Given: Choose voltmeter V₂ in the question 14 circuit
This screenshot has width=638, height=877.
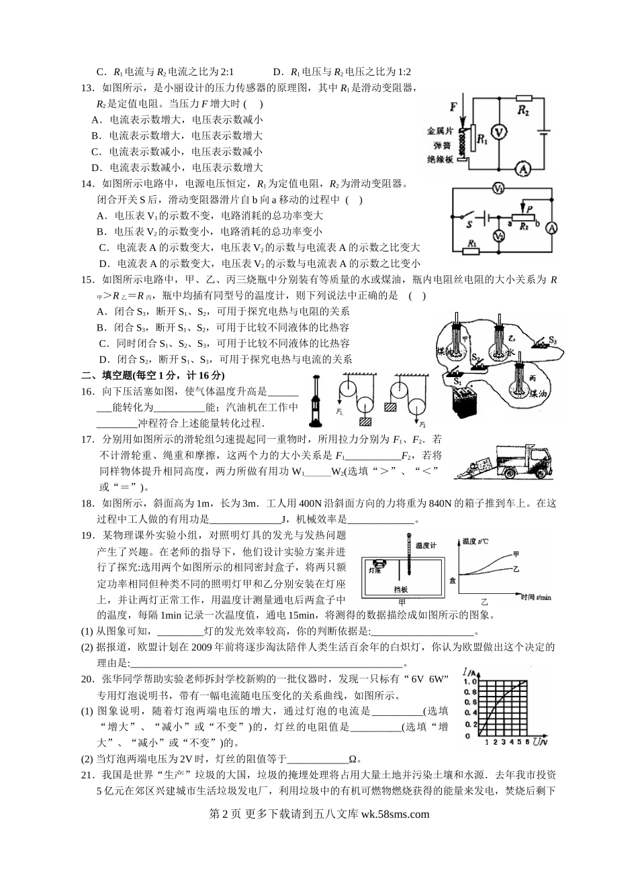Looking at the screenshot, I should [x=498, y=236].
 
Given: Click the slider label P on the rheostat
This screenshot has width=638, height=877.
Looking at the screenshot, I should [x=531, y=209].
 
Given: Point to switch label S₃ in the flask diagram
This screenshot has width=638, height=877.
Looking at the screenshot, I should [x=552, y=341].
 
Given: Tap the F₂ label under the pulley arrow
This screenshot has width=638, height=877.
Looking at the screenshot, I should [x=422, y=425].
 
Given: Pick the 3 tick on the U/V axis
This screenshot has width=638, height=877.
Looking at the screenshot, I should [x=504, y=742].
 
